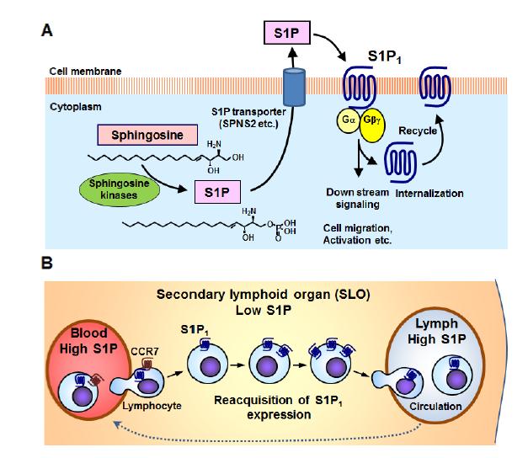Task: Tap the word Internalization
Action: [429, 193]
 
